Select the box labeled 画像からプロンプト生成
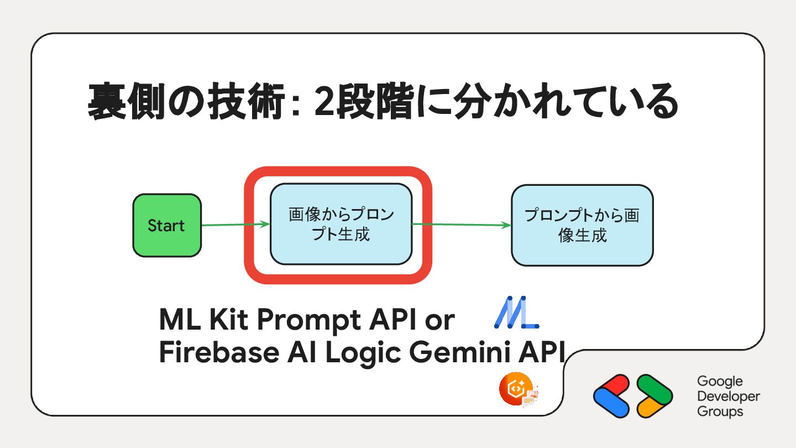click(x=341, y=224)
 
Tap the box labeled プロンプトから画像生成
click(x=582, y=225)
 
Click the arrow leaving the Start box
click(x=235, y=225)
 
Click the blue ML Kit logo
click(x=516, y=313)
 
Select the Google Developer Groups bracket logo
click(x=633, y=396)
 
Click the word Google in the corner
click(x=720, y=381)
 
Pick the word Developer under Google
click(x=729, y=397)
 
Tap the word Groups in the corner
click(x=720, y=411)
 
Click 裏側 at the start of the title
click(x=129, y=102)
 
